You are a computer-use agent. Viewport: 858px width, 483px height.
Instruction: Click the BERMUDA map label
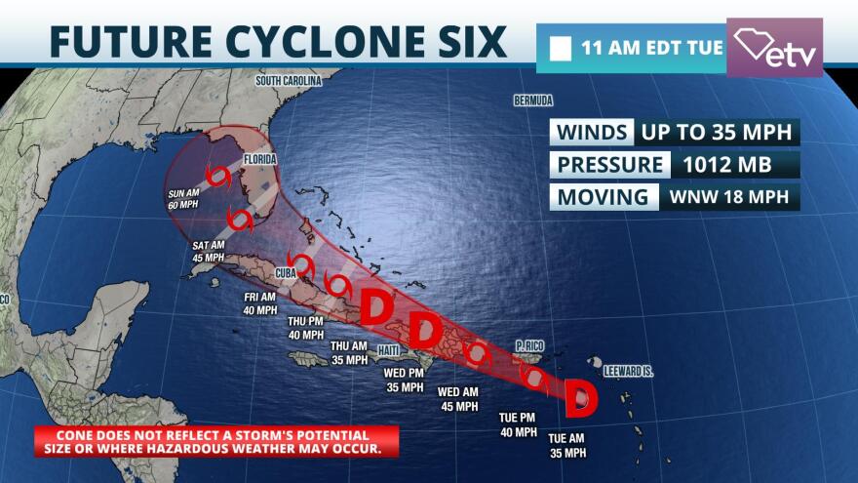tap(533, 101)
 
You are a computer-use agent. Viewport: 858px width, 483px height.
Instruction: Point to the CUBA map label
tap(286, 273)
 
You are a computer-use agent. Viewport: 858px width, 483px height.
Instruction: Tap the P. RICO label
tap(528, 344)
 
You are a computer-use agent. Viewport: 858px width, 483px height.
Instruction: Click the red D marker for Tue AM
tap(581, 396)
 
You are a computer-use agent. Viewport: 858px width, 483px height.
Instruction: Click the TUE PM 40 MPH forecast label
tap(518, 424)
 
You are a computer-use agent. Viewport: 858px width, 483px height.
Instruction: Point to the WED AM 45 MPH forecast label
tap(459, 399)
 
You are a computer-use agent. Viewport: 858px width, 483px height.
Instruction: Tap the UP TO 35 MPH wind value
tap(718, 132)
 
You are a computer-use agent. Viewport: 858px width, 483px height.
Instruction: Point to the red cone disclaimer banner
tap(216, 441)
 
